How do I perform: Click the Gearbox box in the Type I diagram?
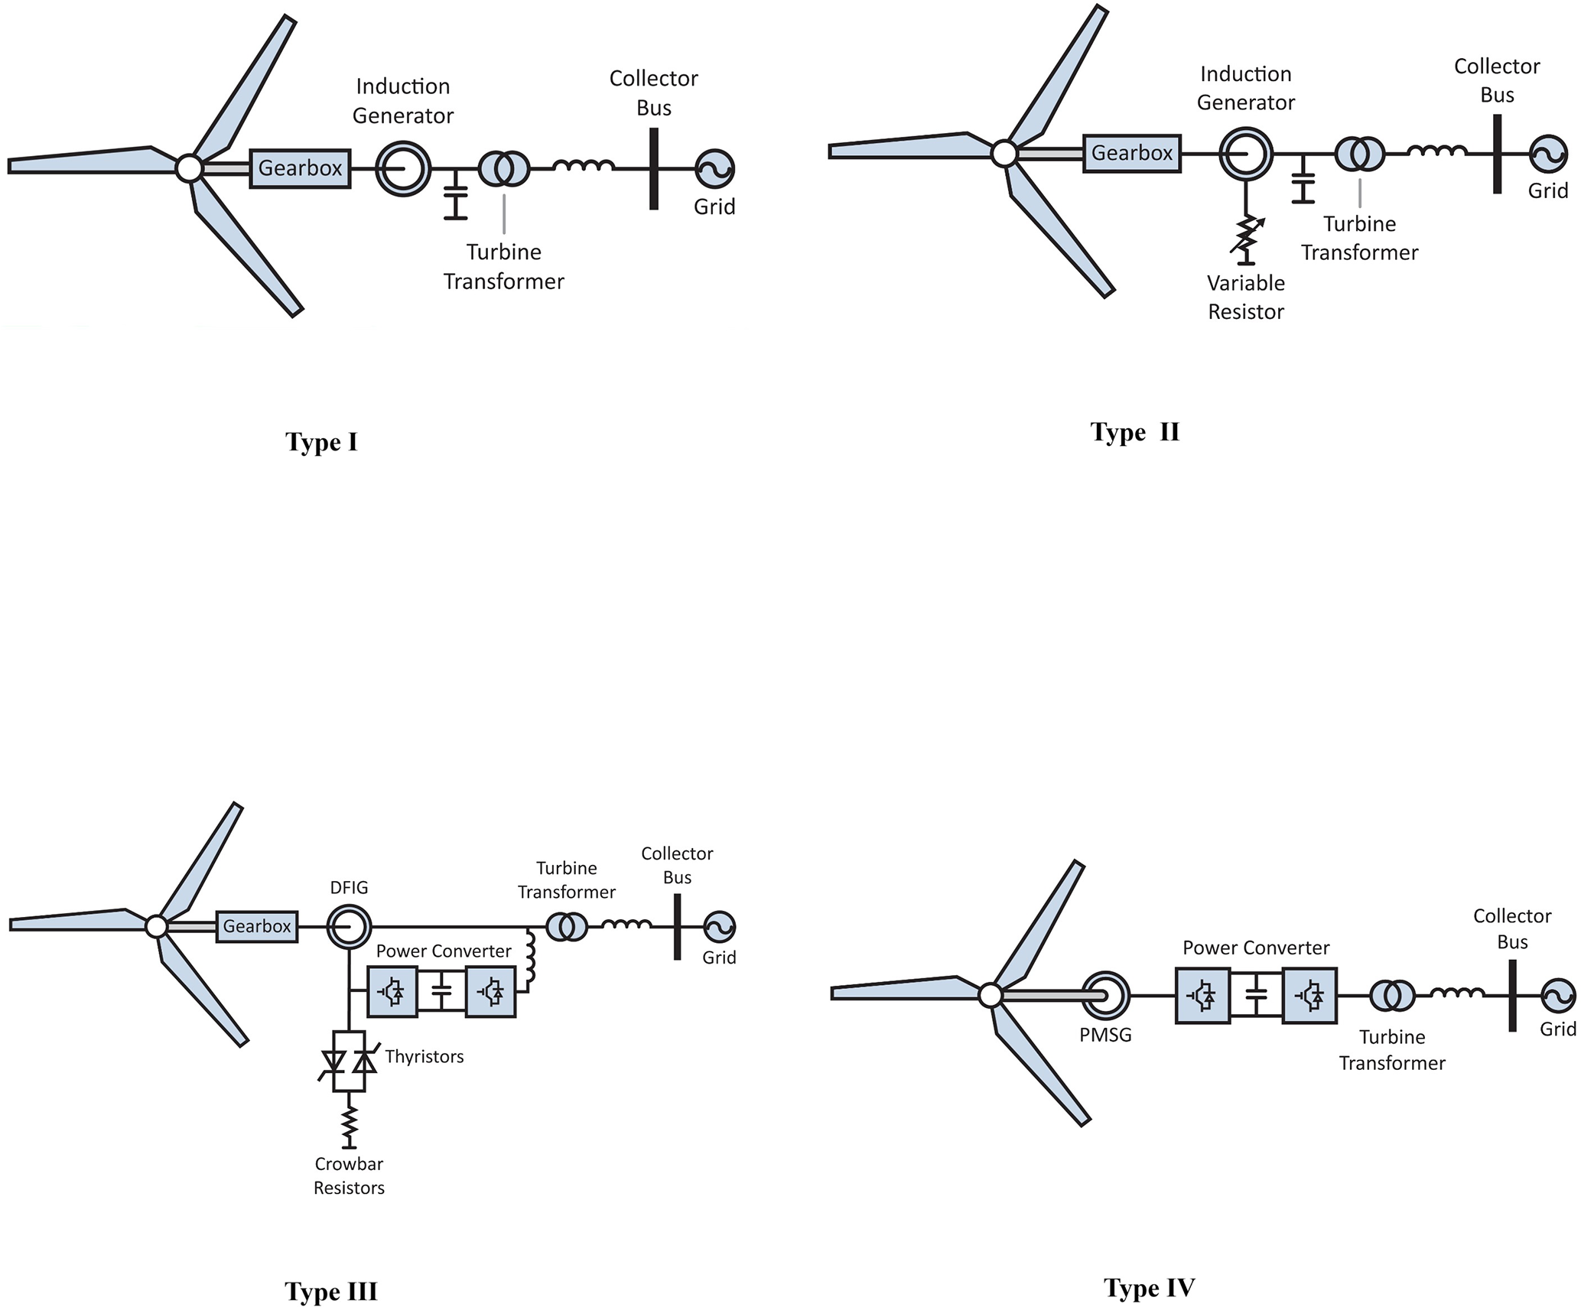300,168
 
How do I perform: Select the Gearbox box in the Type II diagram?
1131,153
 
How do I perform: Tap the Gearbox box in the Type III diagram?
257,926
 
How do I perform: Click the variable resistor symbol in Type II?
1247,236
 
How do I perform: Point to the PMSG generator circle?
1106,995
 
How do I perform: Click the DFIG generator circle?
350,926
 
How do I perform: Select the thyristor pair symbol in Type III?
350,1061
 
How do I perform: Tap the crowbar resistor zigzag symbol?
350,1123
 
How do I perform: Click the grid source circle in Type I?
714,169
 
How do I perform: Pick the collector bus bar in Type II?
1497,154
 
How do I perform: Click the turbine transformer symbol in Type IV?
1392,995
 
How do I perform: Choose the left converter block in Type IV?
1202,995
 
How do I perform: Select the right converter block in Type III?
490,991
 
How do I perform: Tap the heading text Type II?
1135,432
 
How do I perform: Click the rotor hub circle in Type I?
189,168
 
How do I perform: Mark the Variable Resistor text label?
1246,297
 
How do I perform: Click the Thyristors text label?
425,1056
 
